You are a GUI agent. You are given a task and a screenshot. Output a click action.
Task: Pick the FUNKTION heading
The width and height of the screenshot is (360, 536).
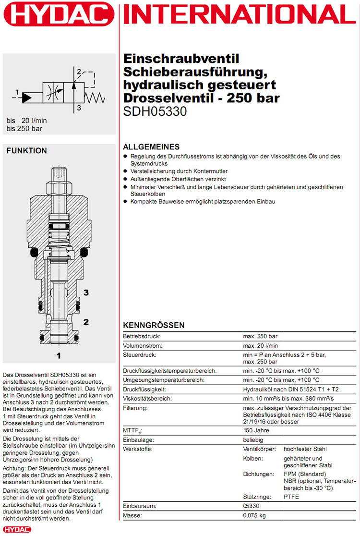pyautogui.click(x=27, y=150)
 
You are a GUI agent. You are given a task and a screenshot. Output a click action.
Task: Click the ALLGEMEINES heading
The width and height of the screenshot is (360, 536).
pyautogui.click(x=151, y=147)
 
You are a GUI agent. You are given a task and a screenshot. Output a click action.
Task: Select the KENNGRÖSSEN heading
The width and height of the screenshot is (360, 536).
pyautogui.click(x=154, y=325)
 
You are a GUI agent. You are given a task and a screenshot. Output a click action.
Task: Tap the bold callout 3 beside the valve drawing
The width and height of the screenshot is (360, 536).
pyautogui.click(x=86, y=292)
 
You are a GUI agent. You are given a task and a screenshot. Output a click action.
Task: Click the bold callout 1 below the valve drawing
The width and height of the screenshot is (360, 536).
pyautogui.click(x=59, y=356)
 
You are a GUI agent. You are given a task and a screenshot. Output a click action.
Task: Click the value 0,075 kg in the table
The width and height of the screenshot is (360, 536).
pyautogui.click(x=254, y=515)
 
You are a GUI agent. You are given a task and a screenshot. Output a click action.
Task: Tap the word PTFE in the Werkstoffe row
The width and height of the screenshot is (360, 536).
pyautogui.click(x=291, y=497)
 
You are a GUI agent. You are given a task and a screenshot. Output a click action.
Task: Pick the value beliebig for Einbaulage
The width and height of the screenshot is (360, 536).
pyautogui.click(x=253, y=439)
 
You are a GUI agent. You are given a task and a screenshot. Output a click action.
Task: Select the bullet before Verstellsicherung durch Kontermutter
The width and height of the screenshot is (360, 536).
pyautogui.click(x=126, y=171)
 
